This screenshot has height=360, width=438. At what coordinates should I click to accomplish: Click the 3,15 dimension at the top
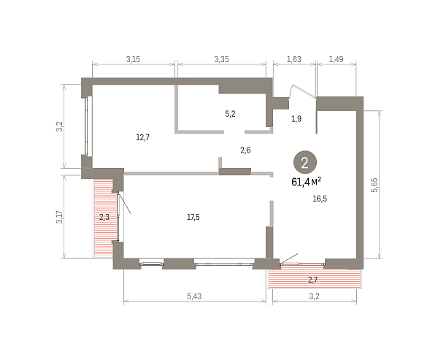click(133, 59)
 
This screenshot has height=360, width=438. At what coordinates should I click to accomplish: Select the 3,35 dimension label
click(221, 59)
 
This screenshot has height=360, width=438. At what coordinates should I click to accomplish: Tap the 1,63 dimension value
click(294, 59)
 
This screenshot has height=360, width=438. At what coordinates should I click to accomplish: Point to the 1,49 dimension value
click(336, 59)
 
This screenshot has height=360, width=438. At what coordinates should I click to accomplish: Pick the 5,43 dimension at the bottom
click(194, 296)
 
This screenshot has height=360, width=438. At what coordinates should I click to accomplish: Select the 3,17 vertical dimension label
click(60, 217)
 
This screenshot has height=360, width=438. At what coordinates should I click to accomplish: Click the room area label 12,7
click(143, 137)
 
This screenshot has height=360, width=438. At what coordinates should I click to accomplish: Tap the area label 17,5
click(193, 217)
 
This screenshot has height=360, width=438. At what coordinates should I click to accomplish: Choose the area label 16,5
click(320, 199)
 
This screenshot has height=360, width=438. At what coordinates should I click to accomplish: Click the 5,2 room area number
click(230, 114)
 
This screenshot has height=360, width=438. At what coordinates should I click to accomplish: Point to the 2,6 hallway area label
click(245, 150)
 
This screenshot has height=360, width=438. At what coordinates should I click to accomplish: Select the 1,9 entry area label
click(296, 119)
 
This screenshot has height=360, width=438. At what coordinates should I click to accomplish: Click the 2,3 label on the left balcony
click(104, 217)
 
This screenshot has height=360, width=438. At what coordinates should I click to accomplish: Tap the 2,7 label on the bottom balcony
click(313, 280)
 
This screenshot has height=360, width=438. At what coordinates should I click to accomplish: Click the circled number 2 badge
click(304, 162)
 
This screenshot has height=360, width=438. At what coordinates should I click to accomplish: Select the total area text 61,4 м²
click(306, 182)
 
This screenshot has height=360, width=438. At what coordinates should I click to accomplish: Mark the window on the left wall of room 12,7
click(87, 126)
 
